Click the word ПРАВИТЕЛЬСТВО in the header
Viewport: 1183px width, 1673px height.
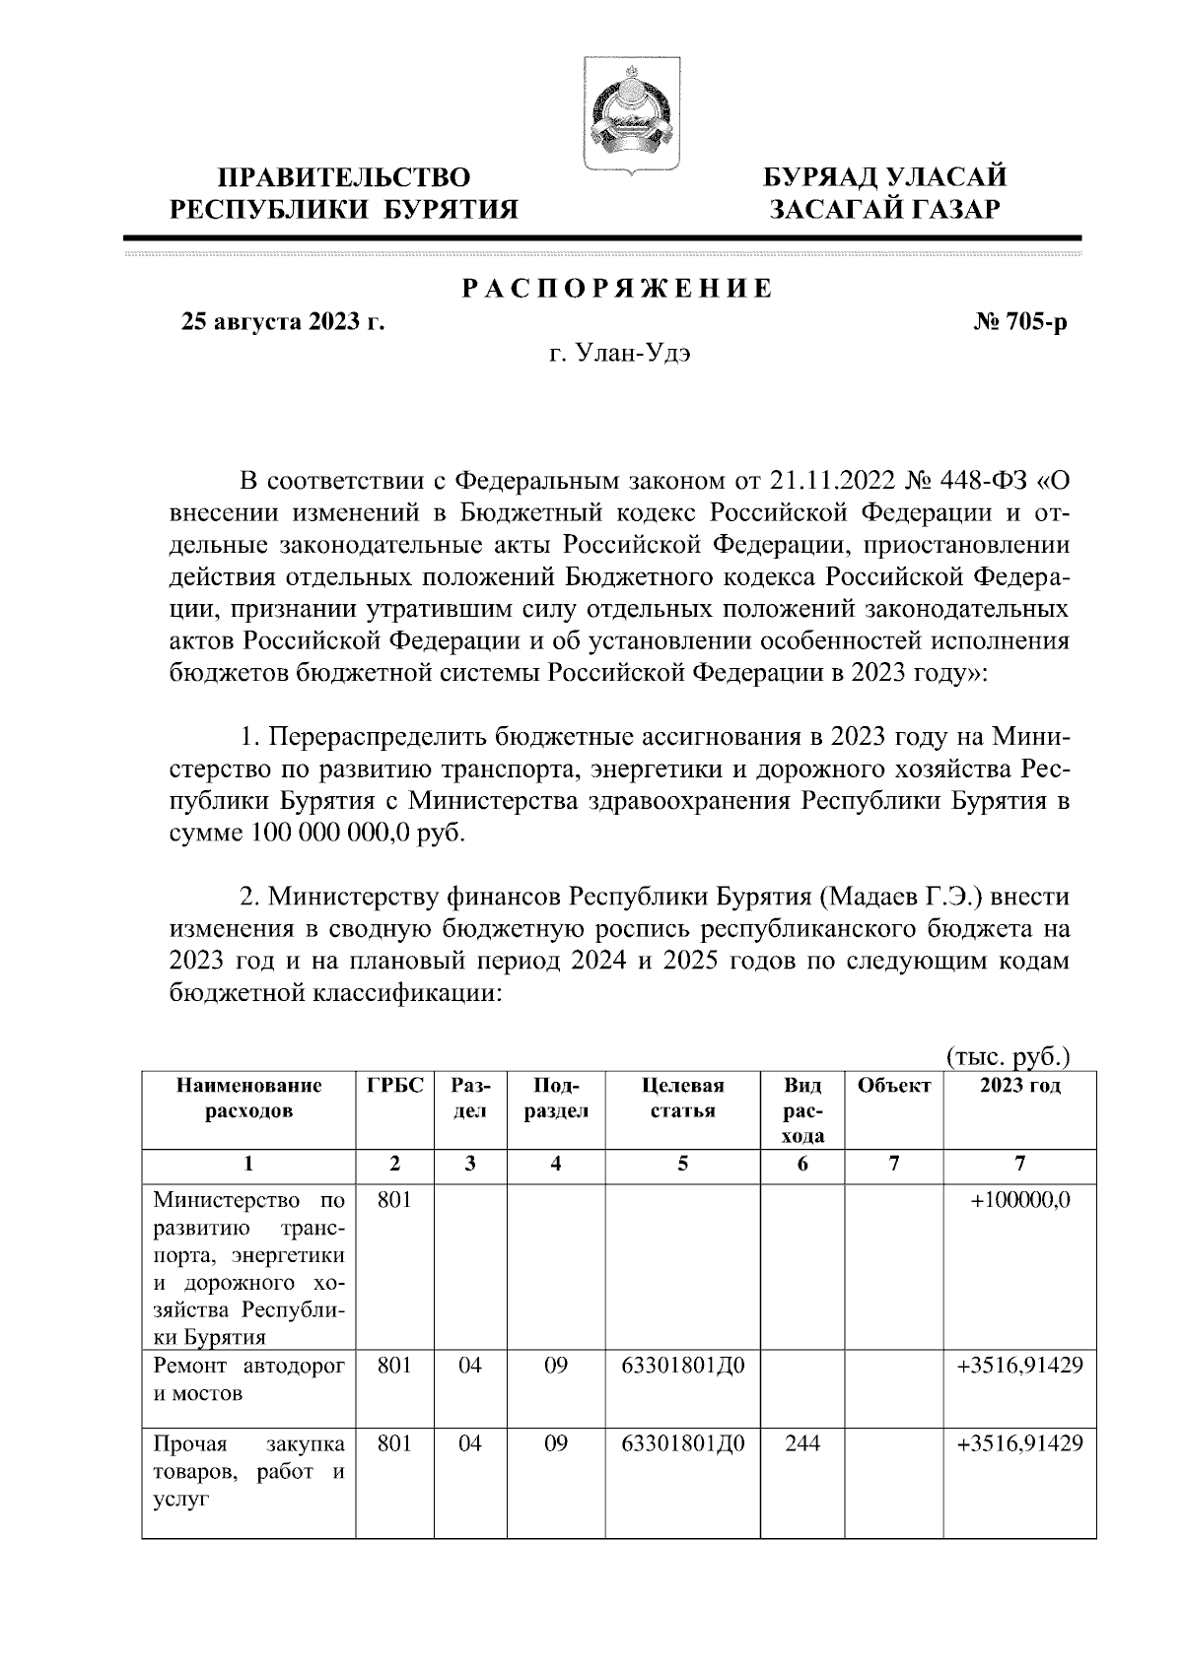tap(344, 177)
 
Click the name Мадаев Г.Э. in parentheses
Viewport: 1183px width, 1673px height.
tap(901, 898)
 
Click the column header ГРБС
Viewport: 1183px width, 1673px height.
tap(395, 1086)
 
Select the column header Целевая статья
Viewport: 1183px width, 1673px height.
tap(683, 1098)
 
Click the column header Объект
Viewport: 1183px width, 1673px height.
tap(893, 1086)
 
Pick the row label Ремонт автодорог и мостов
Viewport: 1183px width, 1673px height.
tap(249, 1379)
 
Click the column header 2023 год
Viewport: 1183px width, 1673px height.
tap(1020, 1086)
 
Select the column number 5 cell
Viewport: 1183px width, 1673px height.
tap(683, 1164)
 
